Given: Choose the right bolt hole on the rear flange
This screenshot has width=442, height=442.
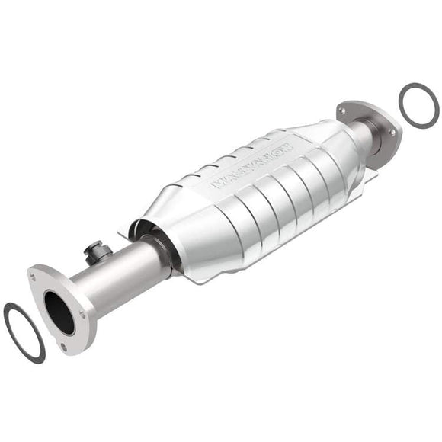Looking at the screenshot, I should pos(392,132).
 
